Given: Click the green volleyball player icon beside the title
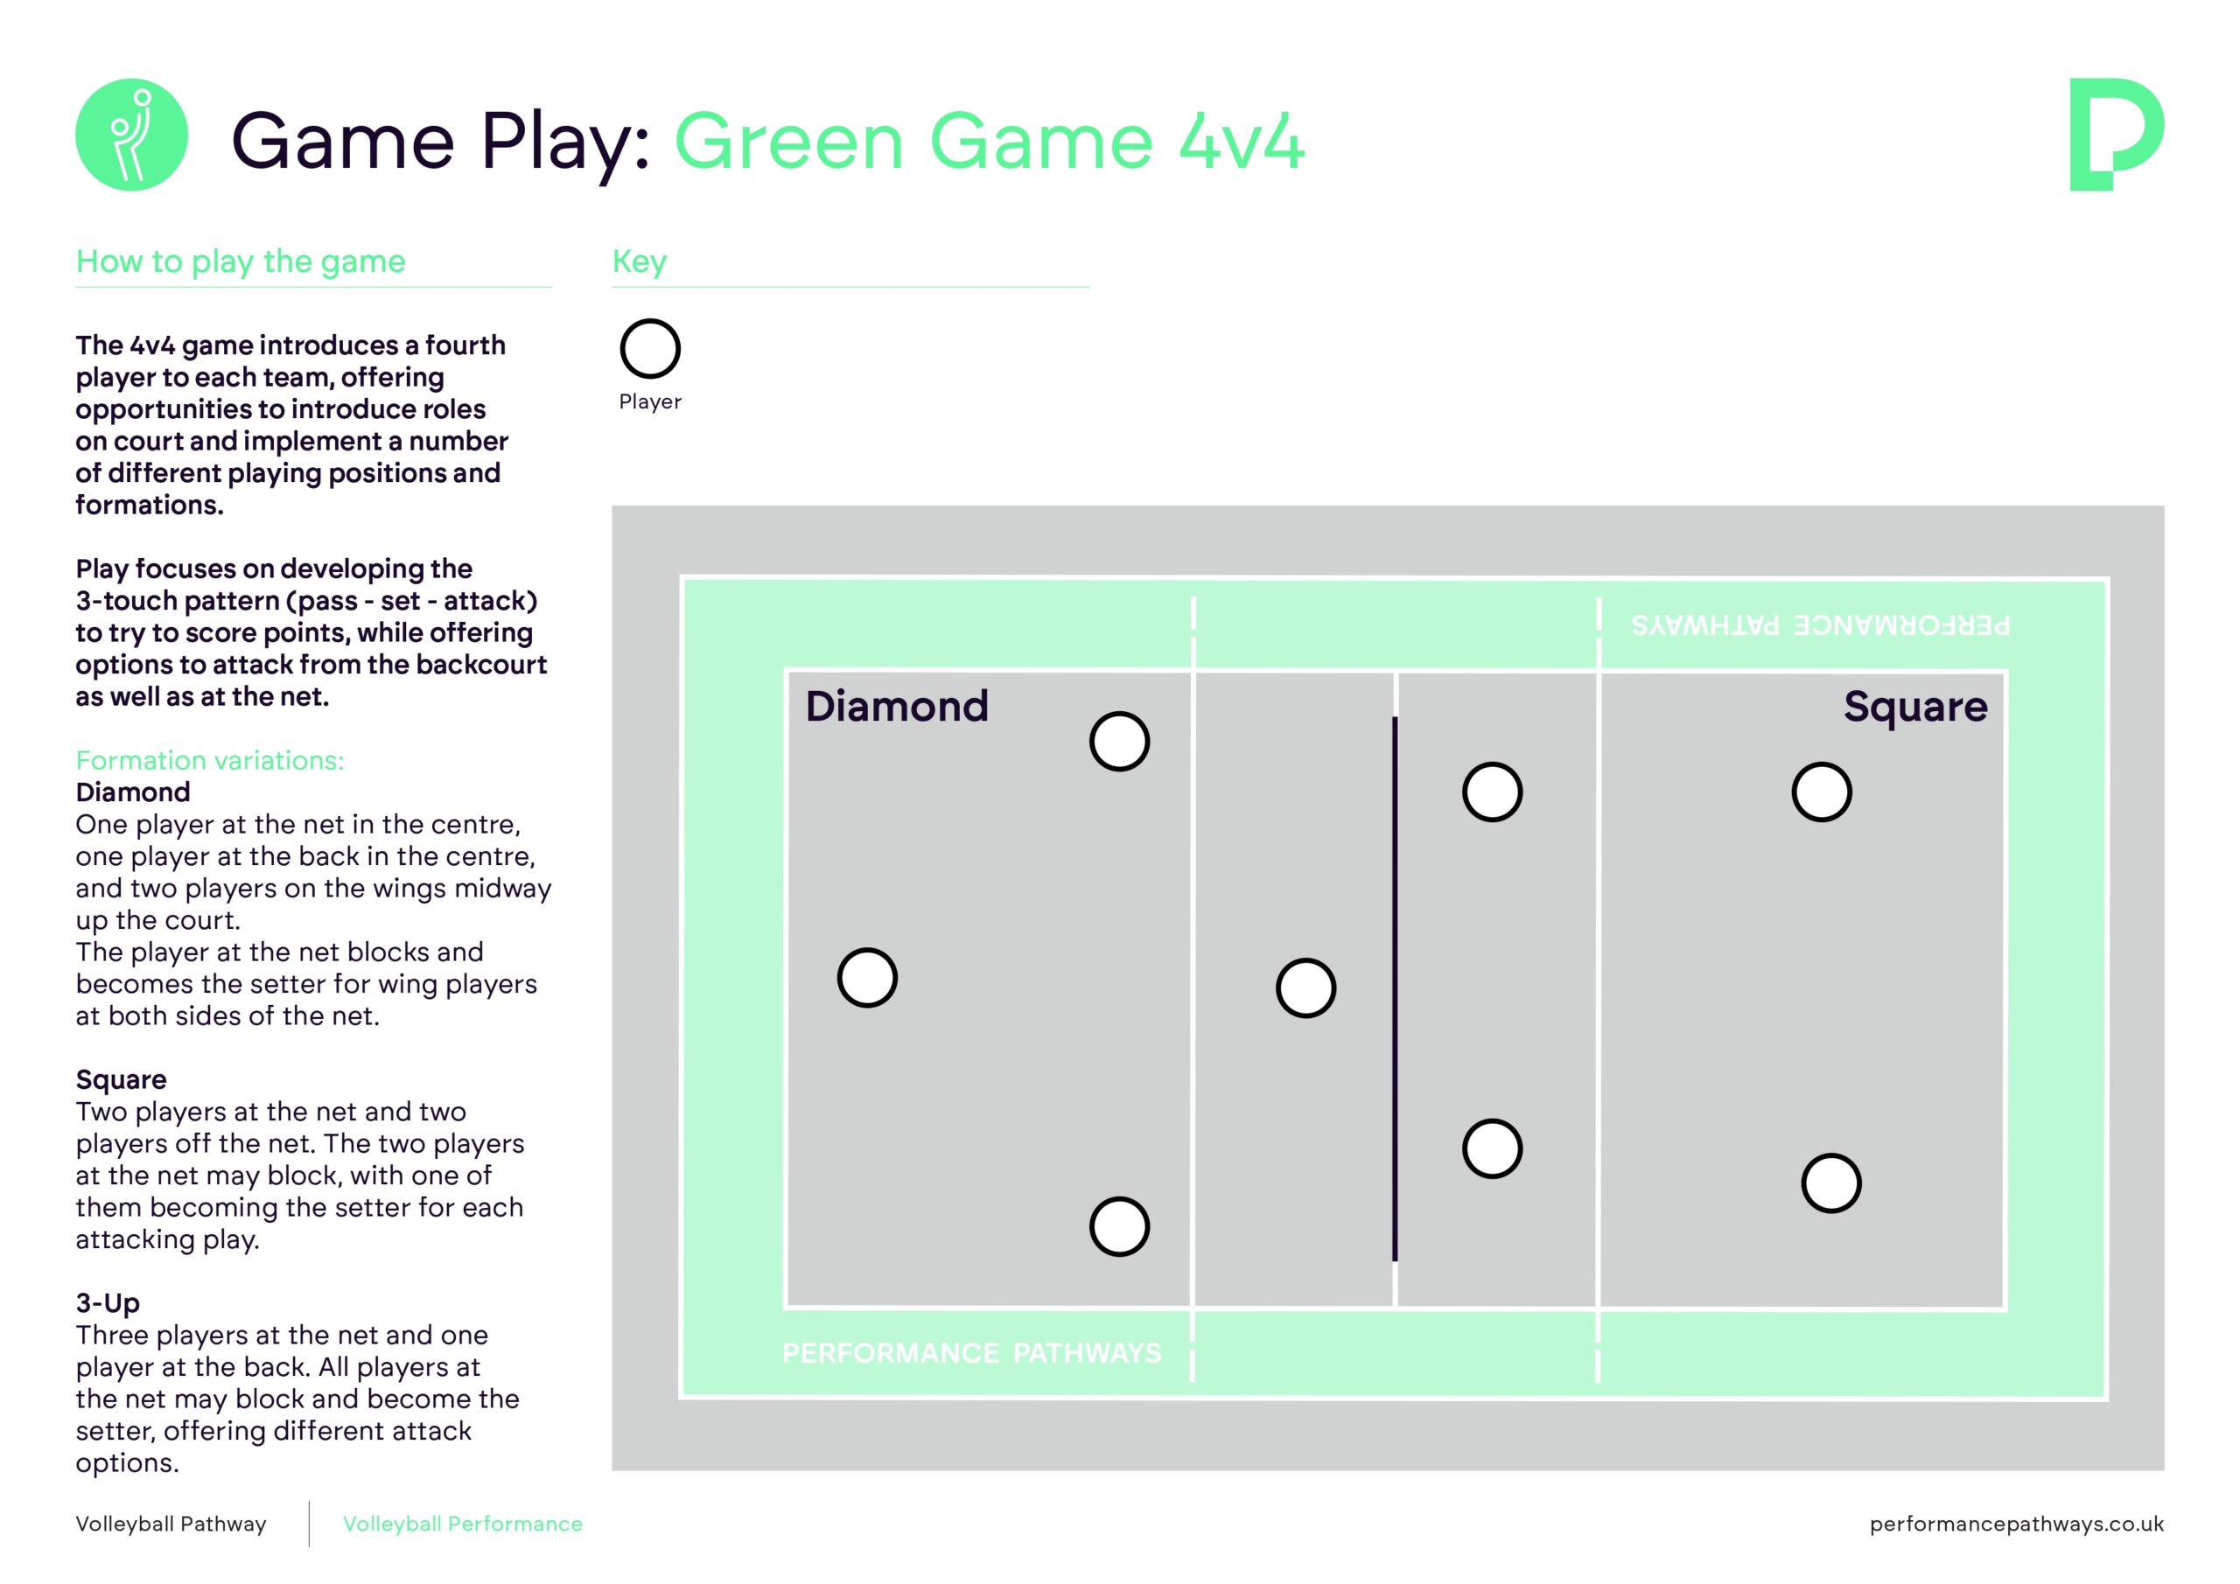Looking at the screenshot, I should pos(132,135).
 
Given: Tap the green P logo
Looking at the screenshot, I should pos(2115,135).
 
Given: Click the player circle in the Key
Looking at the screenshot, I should pos(650,348).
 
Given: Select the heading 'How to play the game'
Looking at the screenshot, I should pos(240,262).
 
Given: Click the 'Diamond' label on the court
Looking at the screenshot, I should pos(897,706).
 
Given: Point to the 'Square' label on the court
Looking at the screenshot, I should pos(1915,706).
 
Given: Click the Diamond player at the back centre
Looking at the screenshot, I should pos(867,977).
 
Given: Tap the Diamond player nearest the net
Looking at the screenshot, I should pos(1305,988).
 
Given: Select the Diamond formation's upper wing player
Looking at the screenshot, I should pos(1119,742).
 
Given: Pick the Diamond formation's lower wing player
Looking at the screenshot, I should pos(1119,1226).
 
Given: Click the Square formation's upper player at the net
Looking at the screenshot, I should pos(1492,792).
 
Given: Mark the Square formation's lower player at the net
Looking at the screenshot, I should pos(1492,1149).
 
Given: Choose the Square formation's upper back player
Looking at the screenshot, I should pos(1822,792).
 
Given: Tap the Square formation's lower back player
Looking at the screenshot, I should pos(1830,1183).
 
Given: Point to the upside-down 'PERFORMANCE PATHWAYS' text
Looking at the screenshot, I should pos(1821,625).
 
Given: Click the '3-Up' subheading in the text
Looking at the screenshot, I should pos(108,1303).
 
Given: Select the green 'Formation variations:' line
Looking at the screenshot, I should pos(210,761).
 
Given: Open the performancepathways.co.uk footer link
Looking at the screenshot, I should pos(2017,1524).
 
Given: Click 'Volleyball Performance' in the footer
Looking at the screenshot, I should pos(463,1524).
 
